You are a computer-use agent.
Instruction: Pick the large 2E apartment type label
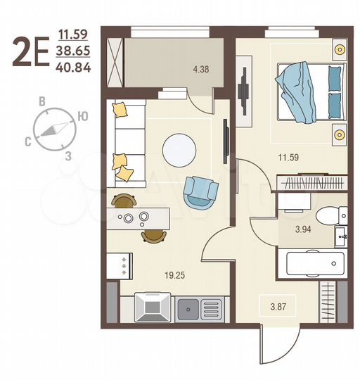click(31, 52)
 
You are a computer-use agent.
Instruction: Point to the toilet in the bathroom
click(327, 215)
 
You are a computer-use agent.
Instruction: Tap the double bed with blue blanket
click(309, 92)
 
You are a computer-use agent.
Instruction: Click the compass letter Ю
click(84, 116)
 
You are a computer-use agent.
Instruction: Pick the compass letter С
click(27, 141)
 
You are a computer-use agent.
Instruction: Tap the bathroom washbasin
click(341, 236)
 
